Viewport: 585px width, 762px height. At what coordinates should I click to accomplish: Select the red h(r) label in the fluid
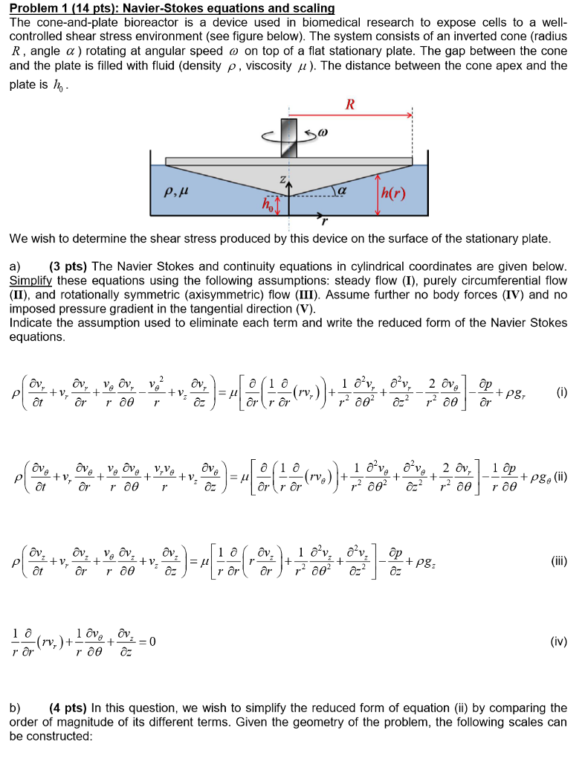pyautogui.click(x=394, y=194)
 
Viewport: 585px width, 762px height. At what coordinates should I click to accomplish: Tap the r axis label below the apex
pyautogui.click(x=323, y=221)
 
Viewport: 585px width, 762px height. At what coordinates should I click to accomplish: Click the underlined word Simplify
pyautogui.click(x=31, y=281)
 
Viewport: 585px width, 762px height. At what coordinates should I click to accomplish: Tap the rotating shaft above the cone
pyautogui.click(x=289, y=137)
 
